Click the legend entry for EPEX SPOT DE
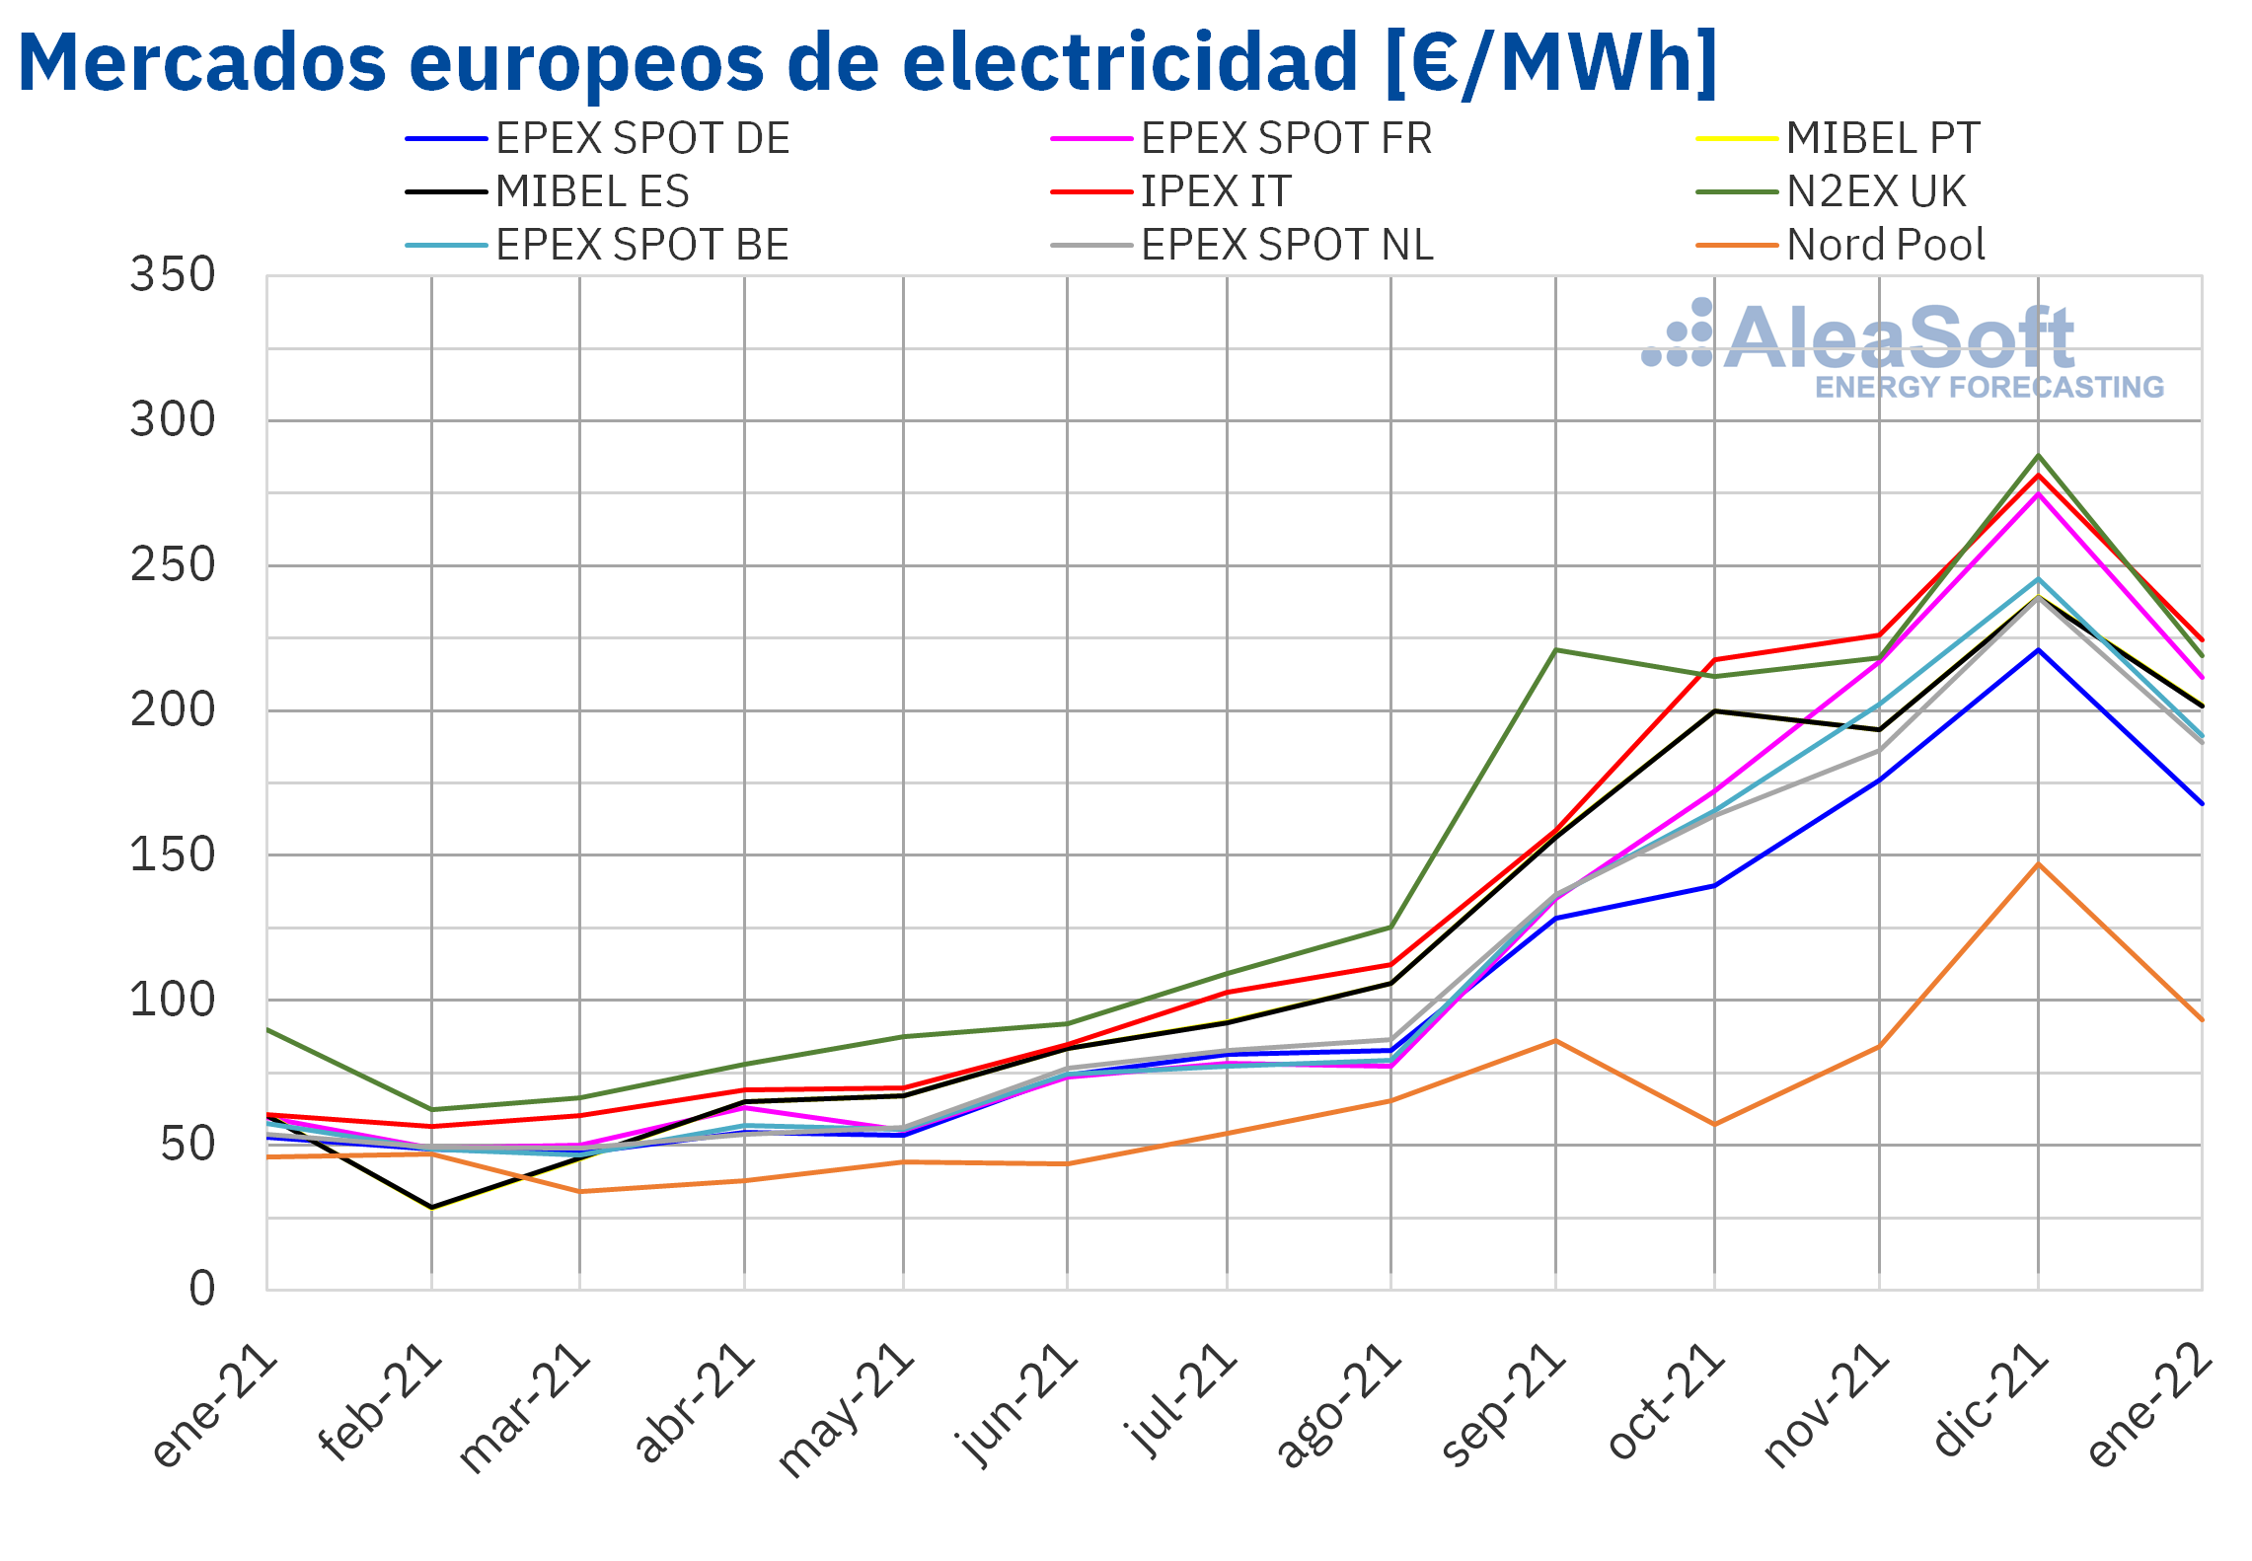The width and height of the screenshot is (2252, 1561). [597, 138]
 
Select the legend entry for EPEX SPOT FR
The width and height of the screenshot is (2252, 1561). [1241, 138]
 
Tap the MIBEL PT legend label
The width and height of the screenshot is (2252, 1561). [1883, 138]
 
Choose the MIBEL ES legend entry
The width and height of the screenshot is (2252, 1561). [547, 191]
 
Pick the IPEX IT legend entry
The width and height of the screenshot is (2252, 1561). [1170, 191]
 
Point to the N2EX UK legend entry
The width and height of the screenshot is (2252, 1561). [1831, 191]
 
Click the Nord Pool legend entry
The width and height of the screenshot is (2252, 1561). [1840, 245]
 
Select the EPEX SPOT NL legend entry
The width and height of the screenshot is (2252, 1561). [1241, 245]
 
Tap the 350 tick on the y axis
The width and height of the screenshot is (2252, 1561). [173, 275]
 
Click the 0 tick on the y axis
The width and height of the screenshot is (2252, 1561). [202, 1289]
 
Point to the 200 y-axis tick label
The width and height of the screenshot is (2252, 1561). [173, 710]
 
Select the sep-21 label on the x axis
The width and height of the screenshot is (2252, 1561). [1502, 1405]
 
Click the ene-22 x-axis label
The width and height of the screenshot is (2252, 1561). [2149, 1405]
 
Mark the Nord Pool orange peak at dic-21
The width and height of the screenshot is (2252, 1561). [2039, 864]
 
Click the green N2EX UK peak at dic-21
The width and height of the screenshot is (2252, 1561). [2039, 456]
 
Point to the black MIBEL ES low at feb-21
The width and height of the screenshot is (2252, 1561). [431, 1208]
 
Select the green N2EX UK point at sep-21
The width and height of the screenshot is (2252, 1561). [1555, 649]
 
